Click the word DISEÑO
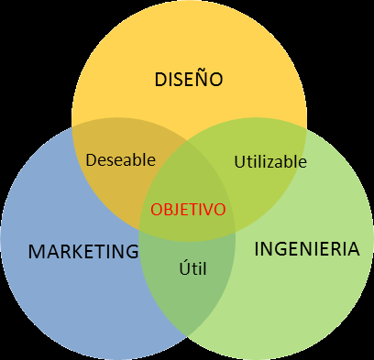click(x=189, y=80)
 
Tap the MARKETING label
click(x=82, y=250)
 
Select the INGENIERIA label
click(x=300, y=248)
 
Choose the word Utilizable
click(x=269, y=161)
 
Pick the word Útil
click(x=190, y=268)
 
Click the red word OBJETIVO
click(x=188, y=209)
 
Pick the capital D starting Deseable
click(x=91, y=159)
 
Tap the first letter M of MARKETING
click(x=36, y=250)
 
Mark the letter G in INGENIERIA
click(x=279, y=248)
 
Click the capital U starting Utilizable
click(x=239, y=161)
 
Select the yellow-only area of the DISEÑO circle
click(x=188, y=46)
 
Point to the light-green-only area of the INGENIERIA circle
click(x=312, y=293)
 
